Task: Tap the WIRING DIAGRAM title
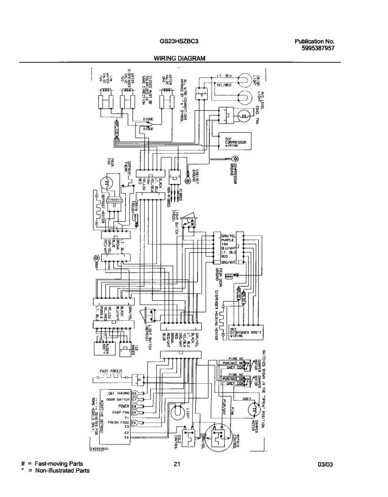179,58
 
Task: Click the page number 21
177,464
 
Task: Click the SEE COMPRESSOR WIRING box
235,142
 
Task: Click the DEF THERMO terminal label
119,393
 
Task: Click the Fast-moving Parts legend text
59,464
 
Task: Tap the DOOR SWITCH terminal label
118,400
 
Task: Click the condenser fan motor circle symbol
244,117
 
